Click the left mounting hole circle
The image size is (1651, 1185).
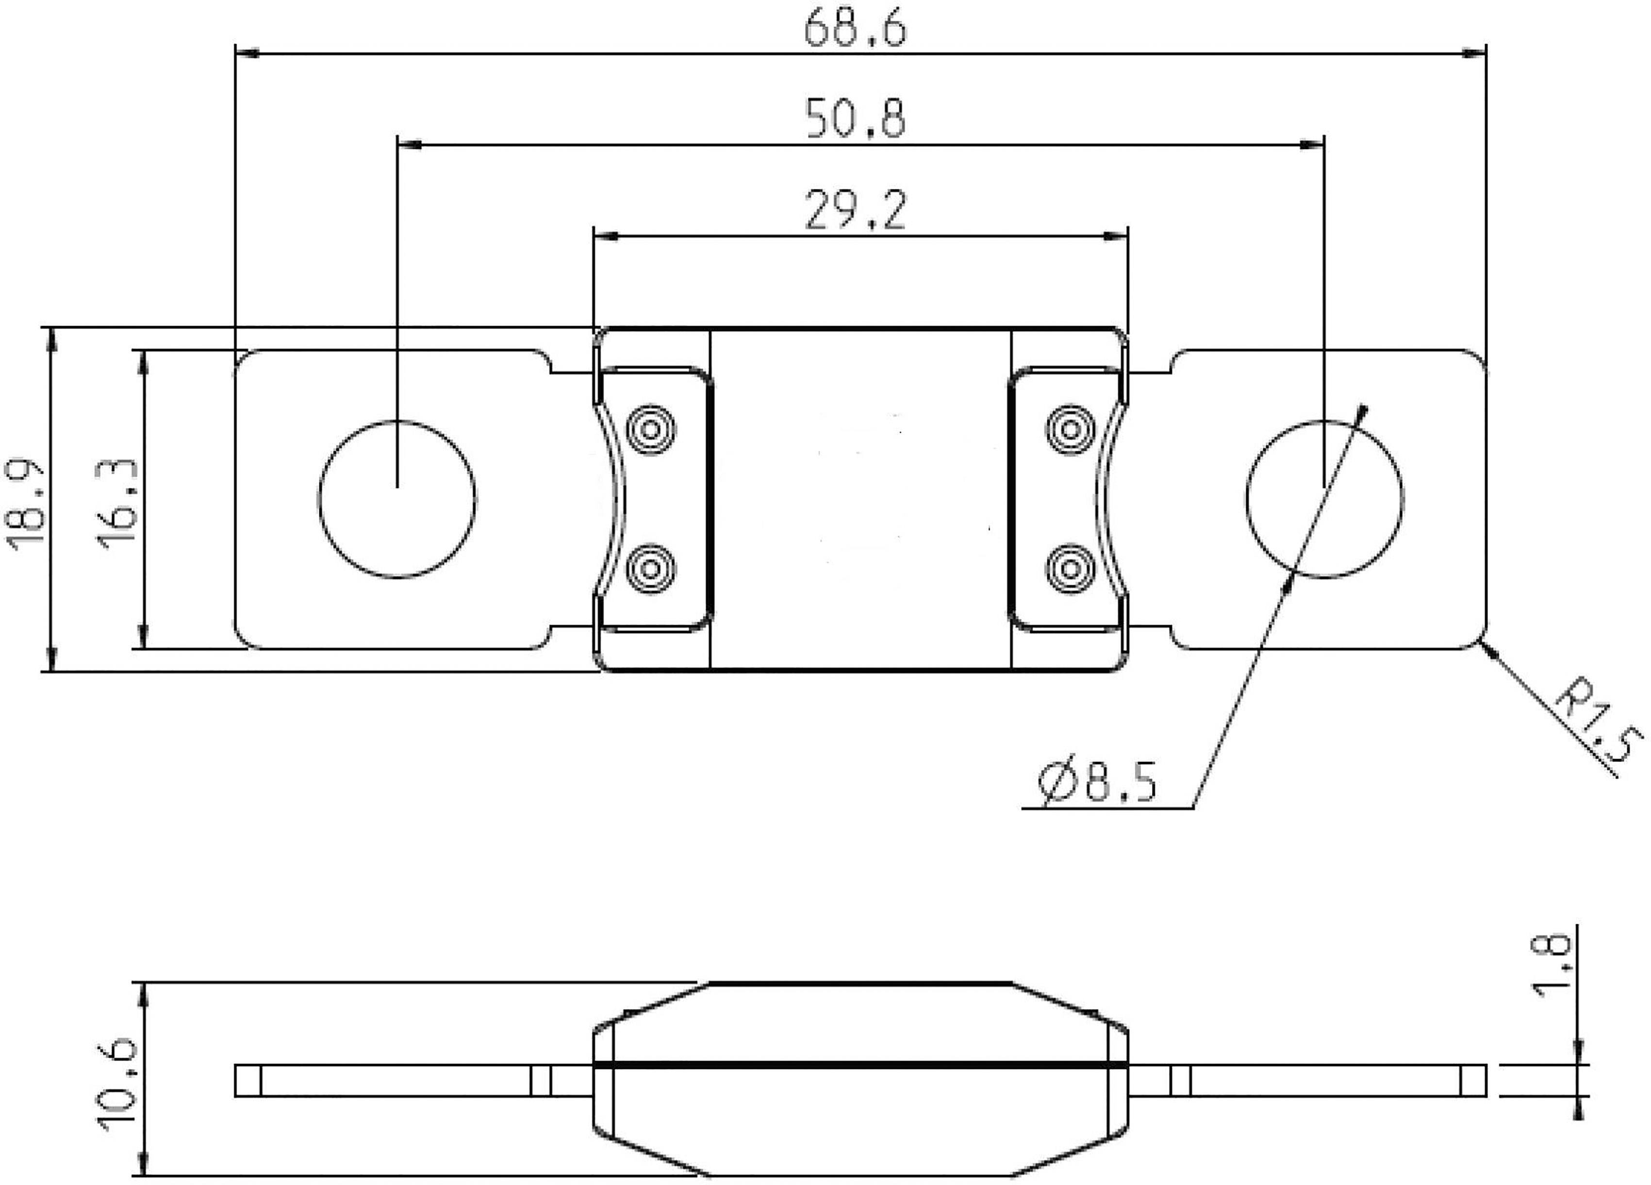point(397,499)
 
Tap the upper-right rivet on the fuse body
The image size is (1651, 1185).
point(1070,430)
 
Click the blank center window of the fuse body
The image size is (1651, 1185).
point(860,499)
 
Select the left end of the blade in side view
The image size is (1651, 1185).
point(248,1081)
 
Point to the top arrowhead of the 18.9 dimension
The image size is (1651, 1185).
point(51,338)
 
